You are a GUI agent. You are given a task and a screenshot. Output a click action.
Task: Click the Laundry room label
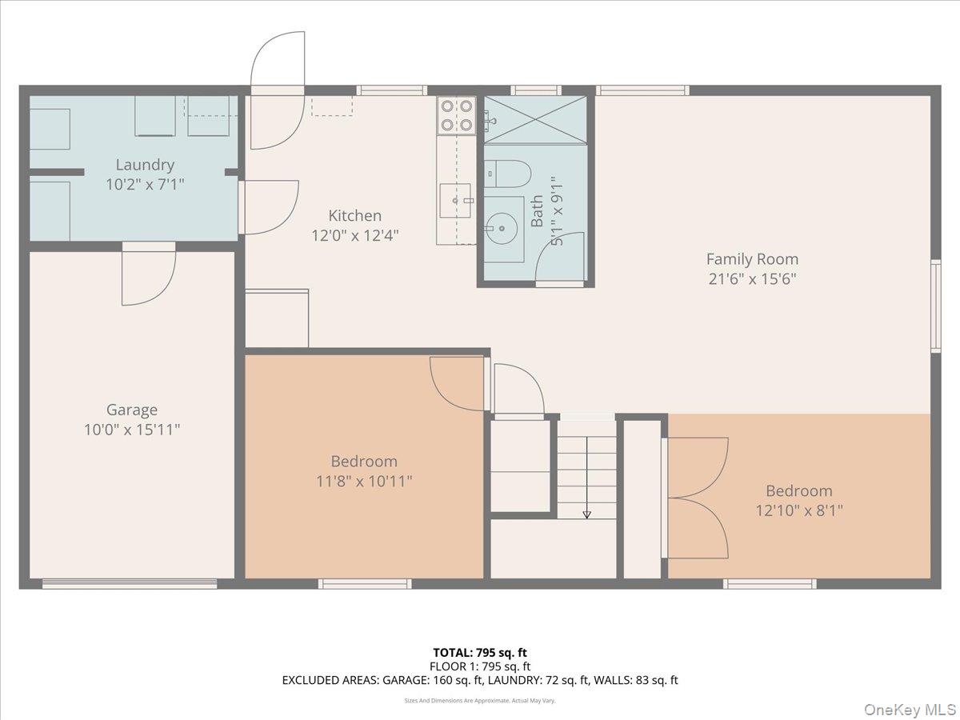click(x=145, y=165)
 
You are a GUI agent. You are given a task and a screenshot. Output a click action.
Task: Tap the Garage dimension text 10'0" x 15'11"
click(x=132, y=430)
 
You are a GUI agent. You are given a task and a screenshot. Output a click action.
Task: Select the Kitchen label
click(x=354, y=215)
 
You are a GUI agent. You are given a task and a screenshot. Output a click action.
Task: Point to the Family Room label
click(x=751, y=258)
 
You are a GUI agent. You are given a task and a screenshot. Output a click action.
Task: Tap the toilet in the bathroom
click(x=507, y=172)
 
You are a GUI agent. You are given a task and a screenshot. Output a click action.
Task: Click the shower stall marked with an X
click(x=535, y=119)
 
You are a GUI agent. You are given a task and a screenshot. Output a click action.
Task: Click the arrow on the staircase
click(x=587, y=513)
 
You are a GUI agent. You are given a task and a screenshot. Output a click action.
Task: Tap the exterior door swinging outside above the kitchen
click(x=278, y=60)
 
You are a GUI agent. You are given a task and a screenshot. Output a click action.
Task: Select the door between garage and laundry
click(x=148, y=276)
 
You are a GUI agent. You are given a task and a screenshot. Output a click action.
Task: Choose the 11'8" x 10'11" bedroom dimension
click(x=363, y=481)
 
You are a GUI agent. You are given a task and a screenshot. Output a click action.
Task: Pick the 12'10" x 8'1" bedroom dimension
click(x=798, y=510)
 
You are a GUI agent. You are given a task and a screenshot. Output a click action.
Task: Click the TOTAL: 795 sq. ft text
click(x=479, y=653)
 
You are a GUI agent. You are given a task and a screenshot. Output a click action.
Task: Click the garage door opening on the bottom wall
click(x=130, y=584)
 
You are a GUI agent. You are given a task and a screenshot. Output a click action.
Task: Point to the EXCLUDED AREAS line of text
click(x=479, y=680)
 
